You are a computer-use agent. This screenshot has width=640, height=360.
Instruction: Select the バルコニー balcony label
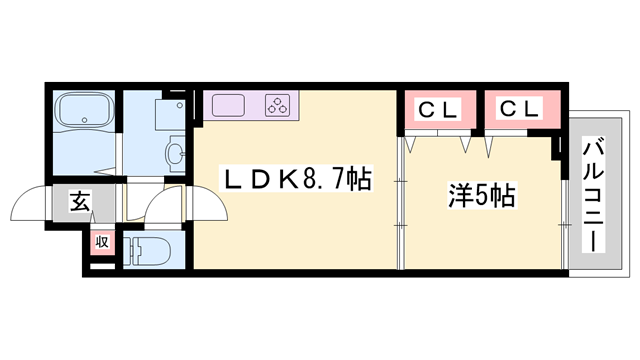(592, 196)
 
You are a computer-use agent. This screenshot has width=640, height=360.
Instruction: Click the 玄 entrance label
(79, 201)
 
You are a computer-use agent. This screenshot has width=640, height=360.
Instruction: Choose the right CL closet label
(519, 107)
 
